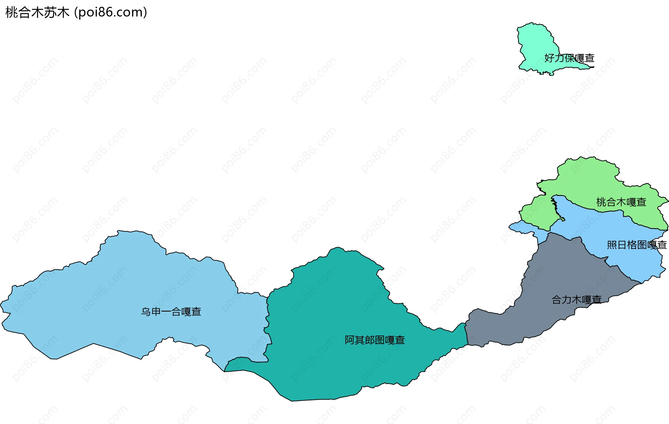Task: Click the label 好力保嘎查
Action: [x=569, y=58]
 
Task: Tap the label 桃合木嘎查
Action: [x=621, y=202]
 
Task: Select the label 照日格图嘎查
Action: [x=637, y=245]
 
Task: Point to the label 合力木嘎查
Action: [x=577, y=299]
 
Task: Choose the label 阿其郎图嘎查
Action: [x=375, y=340]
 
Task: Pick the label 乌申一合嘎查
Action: [x=171, y=312]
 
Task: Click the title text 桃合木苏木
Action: [x=37, y=13]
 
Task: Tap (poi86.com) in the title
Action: [x=111, y=13]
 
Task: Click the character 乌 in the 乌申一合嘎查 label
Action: [x=146, y=312]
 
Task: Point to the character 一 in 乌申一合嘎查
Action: [x=166, y=312]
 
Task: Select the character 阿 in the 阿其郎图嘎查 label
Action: [x=349, y=340]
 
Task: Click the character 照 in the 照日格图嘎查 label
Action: [x=612, y=245]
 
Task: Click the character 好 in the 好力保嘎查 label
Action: [x=549, y=58]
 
